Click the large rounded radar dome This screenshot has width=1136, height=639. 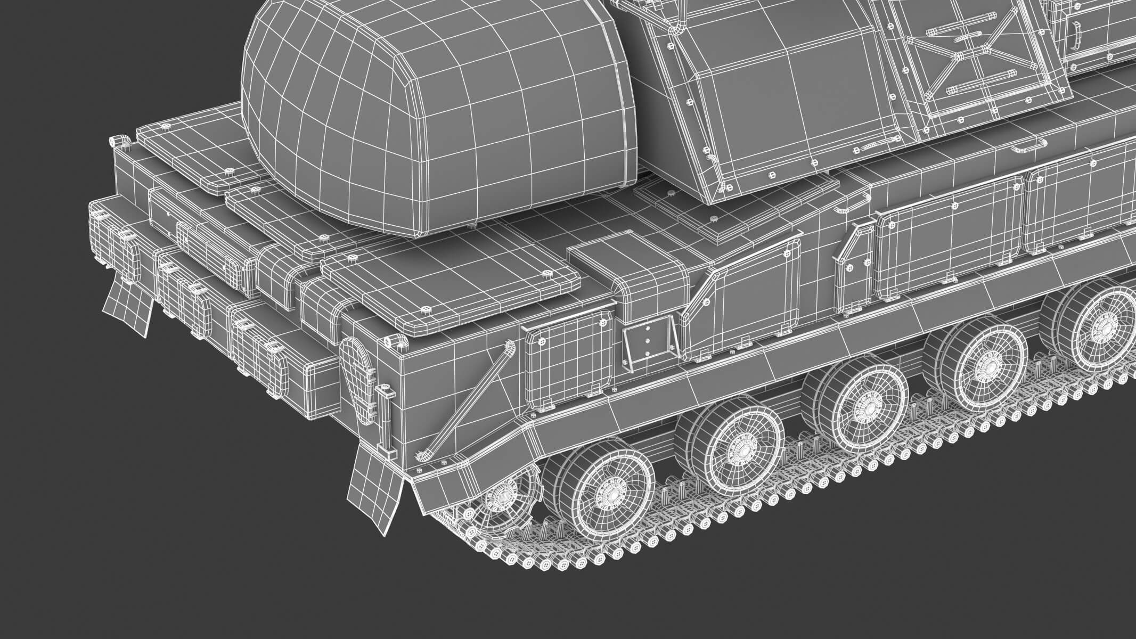click(x=437, y=117)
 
